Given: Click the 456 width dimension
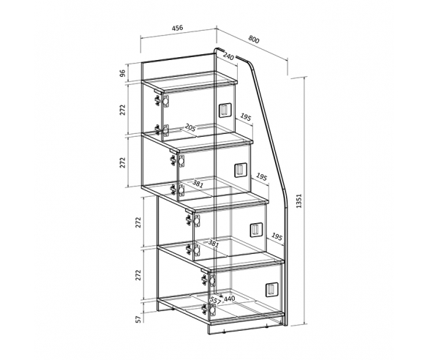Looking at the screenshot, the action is tap(178, 28).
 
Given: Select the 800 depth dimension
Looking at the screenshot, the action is tap(254, 40).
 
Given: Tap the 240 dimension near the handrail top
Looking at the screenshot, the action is tap(228, 56).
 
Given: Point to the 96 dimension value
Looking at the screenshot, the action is tap(123, 73).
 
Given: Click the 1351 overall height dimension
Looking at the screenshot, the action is tap(299, 201).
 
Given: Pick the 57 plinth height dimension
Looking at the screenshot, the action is tap(139, 319).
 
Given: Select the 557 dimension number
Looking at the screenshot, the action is tap(215, 300).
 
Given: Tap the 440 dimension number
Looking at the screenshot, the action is tap(229, 299).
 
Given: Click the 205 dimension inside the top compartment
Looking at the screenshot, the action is tap(190, 127).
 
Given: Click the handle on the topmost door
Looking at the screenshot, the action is tap(225, 110).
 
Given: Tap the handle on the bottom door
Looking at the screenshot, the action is tap(272, 290).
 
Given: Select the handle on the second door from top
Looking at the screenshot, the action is tap(241, 170).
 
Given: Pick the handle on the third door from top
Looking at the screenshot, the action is tap(256, 230).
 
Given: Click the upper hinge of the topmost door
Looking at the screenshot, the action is tap(162, 100).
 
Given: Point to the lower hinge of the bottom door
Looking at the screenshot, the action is tap(209, 310).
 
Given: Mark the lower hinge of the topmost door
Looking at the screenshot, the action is tap(162, 130).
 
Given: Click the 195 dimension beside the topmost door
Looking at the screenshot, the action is tap(245, 117).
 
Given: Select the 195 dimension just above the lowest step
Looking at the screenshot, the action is tap(277, 236).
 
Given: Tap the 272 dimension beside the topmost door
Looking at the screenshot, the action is tap(123, 110).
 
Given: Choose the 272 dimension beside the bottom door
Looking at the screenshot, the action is tap(139, 275).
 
